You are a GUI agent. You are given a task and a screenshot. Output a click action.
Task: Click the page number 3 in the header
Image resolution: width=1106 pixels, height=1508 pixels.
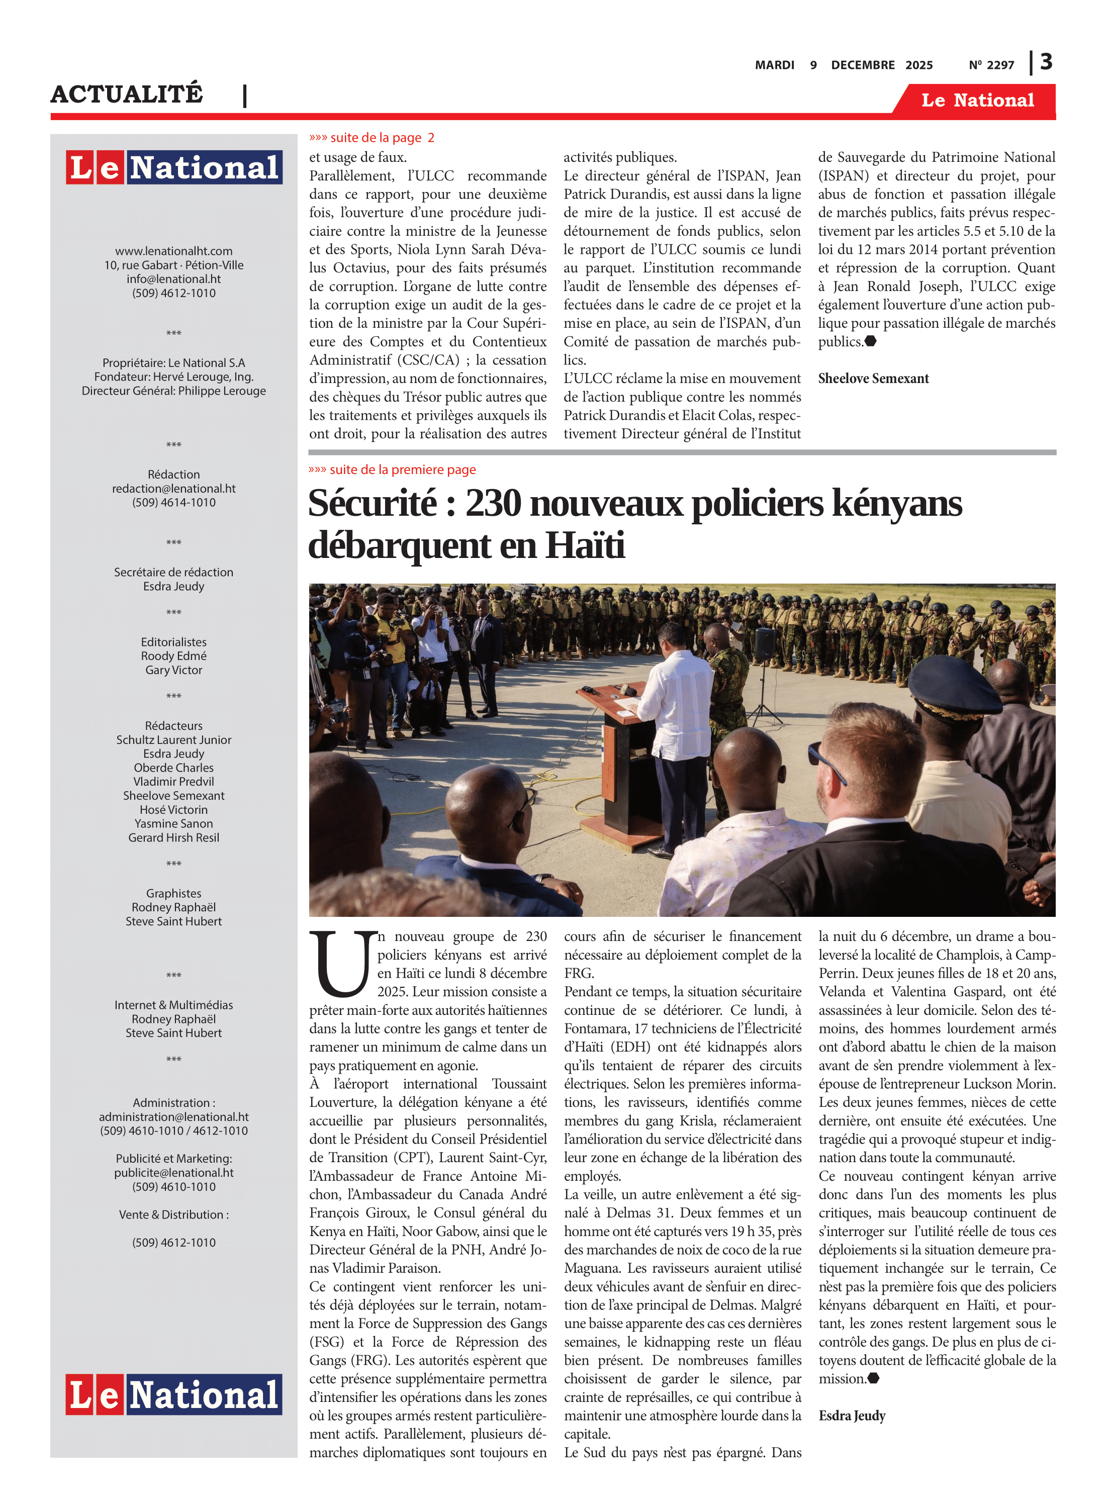click(1046, 62)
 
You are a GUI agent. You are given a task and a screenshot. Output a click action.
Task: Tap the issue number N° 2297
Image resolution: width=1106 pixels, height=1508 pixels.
click(991, 65)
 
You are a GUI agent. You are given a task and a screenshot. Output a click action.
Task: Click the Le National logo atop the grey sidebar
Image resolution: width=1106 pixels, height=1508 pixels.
click(173, 167)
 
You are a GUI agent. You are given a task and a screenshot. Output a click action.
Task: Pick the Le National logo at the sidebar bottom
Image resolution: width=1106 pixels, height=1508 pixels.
click(173, 1394)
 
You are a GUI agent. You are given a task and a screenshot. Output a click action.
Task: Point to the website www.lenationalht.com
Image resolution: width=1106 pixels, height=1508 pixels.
click(173, 251)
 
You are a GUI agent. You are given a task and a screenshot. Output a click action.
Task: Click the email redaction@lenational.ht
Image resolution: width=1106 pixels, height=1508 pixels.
click(173, 489)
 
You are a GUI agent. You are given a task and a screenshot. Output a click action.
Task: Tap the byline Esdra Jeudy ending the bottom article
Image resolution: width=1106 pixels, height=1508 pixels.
click(852, 1415)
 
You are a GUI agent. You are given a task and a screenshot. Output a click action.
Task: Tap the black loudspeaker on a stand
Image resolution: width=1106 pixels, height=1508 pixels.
click(765, 644)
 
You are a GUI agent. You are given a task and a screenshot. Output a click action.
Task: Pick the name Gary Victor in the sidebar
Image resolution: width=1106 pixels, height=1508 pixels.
click(173, 670)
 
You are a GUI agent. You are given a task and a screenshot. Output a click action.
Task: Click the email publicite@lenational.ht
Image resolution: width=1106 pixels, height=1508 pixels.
click(173, 1173)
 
